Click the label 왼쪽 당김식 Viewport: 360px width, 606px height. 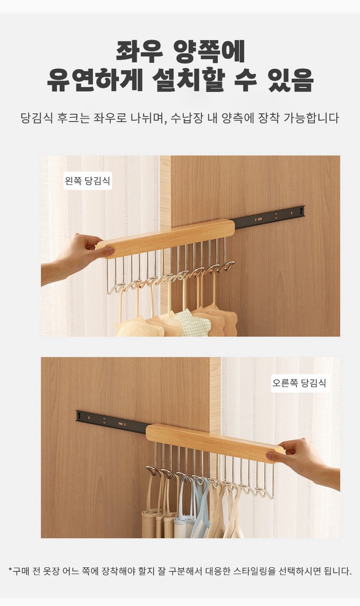click(87, 180)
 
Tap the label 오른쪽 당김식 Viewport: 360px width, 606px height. click(299, 383)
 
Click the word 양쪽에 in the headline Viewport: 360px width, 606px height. click(209, 51)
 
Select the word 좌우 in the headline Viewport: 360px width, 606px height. click(139, 51)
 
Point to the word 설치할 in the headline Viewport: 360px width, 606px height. click(189, 80)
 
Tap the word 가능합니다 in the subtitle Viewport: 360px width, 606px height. click(311, 118)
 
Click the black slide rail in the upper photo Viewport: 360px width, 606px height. click(270, 217)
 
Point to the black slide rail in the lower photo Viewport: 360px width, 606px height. click(112, 422)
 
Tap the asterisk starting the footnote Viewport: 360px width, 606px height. click(10, 570)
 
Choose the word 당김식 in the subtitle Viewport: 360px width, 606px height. click(36, 118)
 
